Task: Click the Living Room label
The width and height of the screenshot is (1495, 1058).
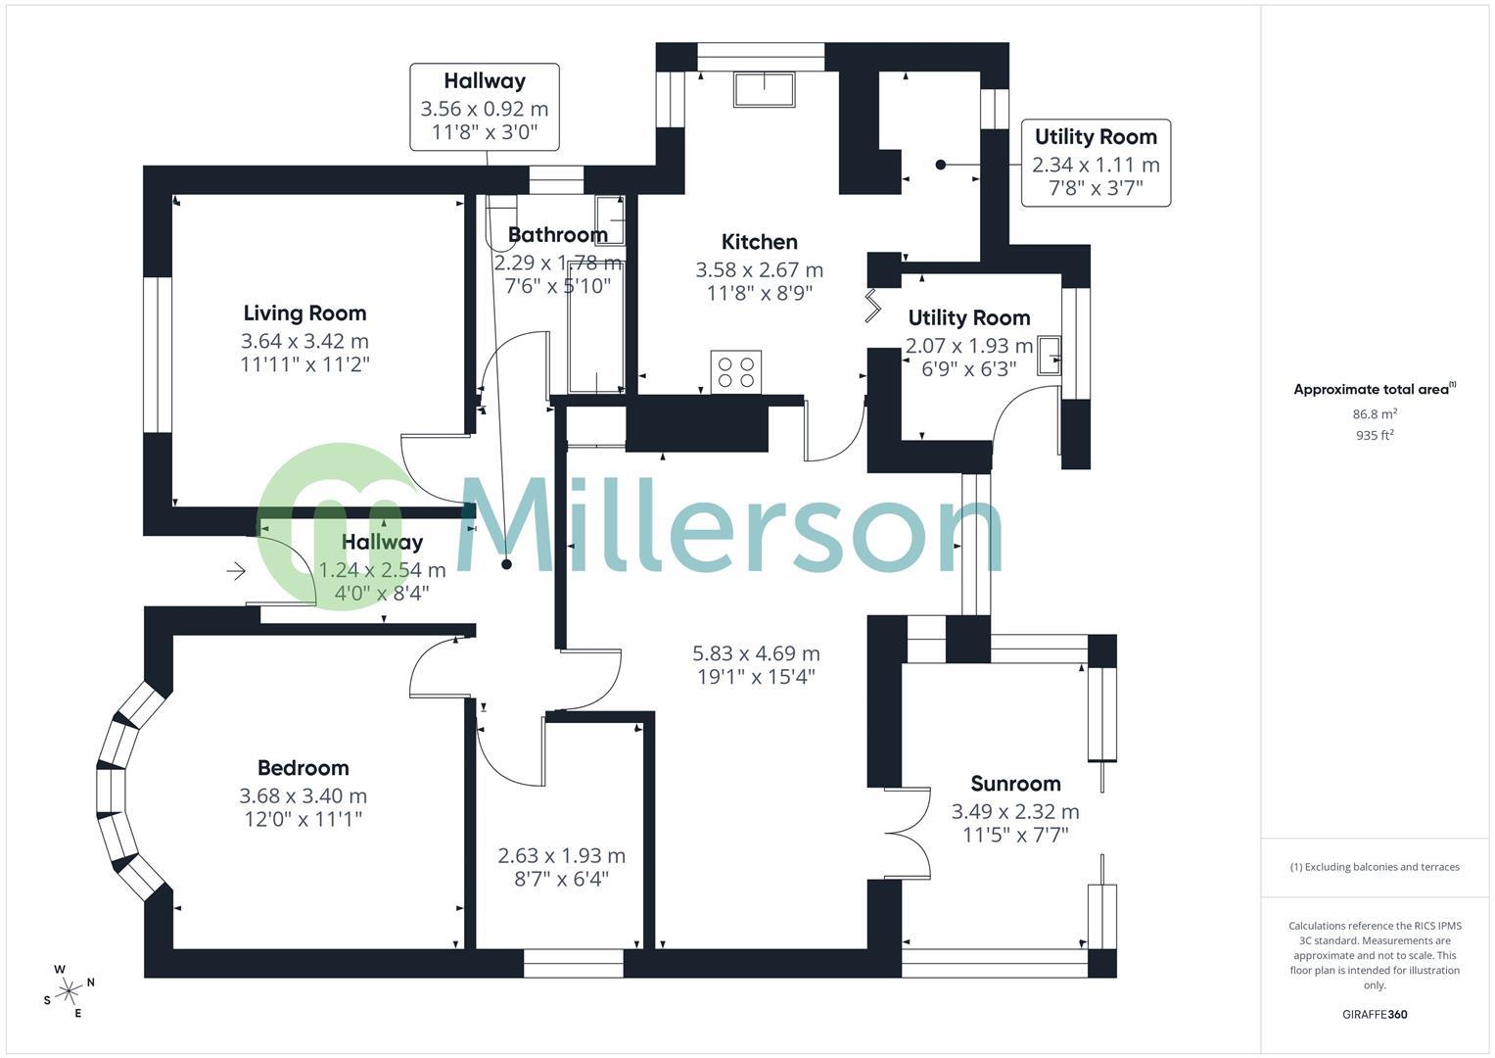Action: (304, 313)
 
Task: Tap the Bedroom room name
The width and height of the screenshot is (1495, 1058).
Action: (303, 768)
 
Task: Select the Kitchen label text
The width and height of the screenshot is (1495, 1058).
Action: (759, 242)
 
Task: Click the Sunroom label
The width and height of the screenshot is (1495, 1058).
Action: (1015, 784)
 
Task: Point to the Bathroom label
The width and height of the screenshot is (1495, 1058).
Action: (557, 235)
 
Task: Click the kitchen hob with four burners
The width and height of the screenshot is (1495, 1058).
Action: (735, 372)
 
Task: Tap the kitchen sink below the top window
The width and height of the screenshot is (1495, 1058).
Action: (764, 89)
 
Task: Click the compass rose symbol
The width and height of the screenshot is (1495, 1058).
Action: (69, 991)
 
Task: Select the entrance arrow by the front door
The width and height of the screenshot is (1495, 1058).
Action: (235, 571)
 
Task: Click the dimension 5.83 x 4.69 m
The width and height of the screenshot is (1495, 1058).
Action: (756, 653)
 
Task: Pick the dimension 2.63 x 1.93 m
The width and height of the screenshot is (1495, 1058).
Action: (561, 856)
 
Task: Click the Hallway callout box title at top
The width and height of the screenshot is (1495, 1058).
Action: (484, 81)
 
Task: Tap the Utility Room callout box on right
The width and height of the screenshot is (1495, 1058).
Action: (1096, 163)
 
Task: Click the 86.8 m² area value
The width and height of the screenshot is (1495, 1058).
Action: (1375, 414)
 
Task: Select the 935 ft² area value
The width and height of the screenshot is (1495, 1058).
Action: (1375, 436)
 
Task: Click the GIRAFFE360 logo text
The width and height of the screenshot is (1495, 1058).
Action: (1374, 1014)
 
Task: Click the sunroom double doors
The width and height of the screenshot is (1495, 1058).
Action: (909, 833)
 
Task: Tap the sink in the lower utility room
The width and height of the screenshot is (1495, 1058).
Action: (1050, 356)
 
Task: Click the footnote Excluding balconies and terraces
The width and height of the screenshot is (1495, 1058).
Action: (1375, 867)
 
